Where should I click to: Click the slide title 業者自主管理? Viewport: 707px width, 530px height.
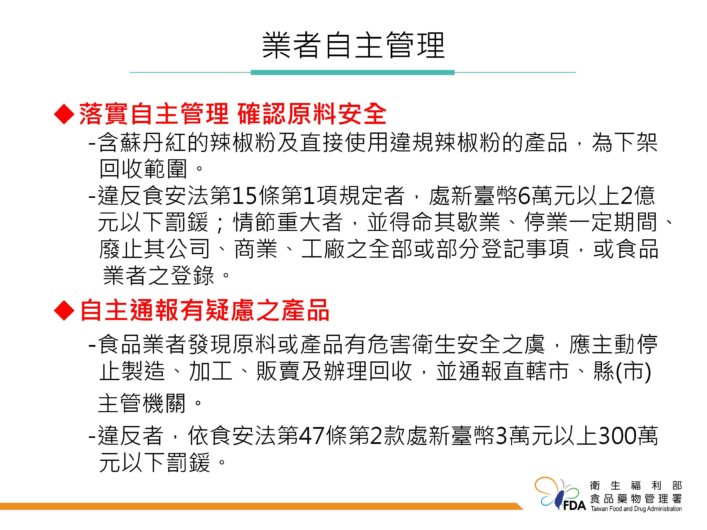point(353,45)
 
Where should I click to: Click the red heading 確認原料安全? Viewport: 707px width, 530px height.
point(312,114)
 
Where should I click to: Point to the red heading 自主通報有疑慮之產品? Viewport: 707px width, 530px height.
point(205,310)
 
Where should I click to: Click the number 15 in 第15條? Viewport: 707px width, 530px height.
point(245,196)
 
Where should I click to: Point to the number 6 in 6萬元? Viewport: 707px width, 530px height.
point(524,196)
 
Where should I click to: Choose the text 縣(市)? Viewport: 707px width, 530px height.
point(622,372)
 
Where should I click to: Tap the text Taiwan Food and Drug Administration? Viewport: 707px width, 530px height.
point(636,509)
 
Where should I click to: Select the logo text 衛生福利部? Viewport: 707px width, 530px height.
point(636,486)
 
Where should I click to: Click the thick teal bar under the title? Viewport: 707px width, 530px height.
point(352,72)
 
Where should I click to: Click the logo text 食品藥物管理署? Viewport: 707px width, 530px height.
point(636,498)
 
